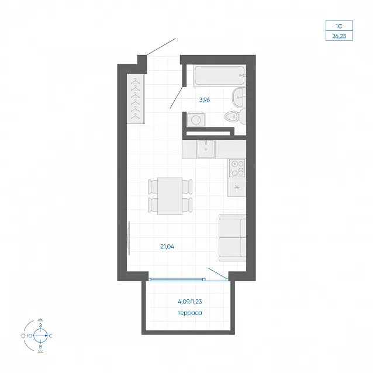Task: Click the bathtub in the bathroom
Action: pos(219,75)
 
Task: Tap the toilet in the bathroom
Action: pos(235,116)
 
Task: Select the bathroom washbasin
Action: pos(239,97)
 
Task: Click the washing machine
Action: pos(196,119)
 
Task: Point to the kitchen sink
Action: pos(206,149)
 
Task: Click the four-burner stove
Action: pos(237,168)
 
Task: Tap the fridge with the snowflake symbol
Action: pos(237,188)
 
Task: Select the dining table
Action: pos(170,196)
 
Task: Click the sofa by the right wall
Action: pos(233,238)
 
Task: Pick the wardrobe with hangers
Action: pos(136,99)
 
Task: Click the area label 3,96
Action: pos(205,100)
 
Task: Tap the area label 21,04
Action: pos(167,247)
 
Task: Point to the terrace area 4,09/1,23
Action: pos(190,302)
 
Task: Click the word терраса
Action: pos(190,313)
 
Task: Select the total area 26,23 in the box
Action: pos(339,36)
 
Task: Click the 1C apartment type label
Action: pos(339,26)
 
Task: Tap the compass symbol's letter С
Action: pos(51,336)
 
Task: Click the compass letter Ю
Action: pos(30,336)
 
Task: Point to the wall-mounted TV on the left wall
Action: pos(129,238)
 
